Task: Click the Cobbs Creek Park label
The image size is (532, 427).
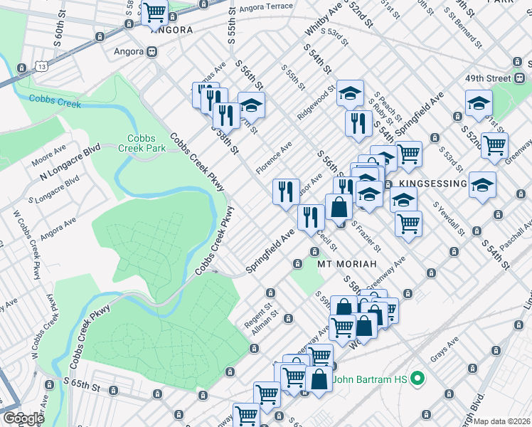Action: coord(147,143)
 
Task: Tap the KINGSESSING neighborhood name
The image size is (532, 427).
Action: coord(432,184)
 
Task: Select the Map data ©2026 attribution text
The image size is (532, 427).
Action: coord(502,421)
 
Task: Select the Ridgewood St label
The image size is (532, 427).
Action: coord(316,104)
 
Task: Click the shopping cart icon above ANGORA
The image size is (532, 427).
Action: coord(154,11)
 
